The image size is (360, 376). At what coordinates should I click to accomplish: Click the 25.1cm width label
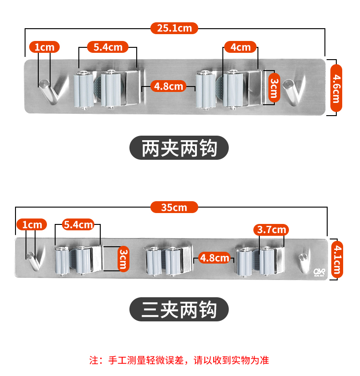(x=175, y=28)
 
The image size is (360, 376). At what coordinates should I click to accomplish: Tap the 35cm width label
(x=174, y=207)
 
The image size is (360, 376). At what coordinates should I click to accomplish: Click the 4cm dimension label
(x=240, y=47)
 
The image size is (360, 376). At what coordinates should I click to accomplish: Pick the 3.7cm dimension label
(x=272, y=229)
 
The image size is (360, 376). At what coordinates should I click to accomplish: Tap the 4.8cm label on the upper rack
(x=169, y=86)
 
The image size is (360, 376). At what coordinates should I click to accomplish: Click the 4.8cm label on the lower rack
(x=214, y=258)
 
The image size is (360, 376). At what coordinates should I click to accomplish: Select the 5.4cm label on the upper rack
(x=108, y=47)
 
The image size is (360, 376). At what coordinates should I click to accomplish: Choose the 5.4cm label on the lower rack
(x=78, y=224)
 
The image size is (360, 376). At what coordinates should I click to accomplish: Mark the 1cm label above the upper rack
(x=44, y=47)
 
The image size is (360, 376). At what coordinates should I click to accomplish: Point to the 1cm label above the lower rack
(x=32, y=224)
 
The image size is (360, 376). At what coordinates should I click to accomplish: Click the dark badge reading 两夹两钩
(x=179, y=148)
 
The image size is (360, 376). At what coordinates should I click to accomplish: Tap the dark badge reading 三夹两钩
(x=179, y=310)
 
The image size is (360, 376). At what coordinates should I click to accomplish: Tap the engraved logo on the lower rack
(x=319, y=272)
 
